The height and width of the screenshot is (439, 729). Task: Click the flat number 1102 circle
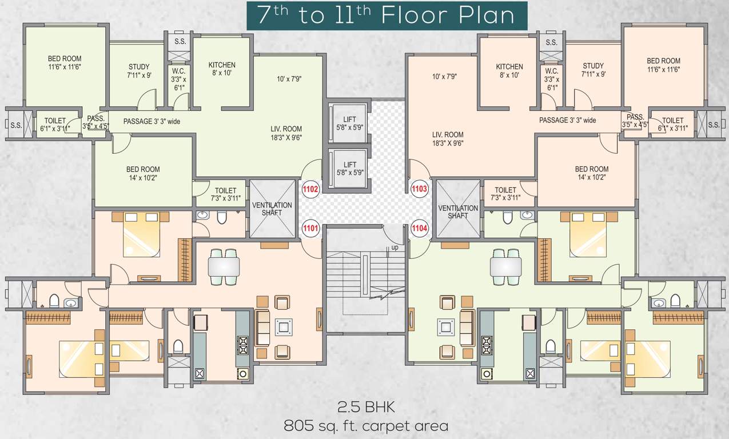click(x=310, y=189)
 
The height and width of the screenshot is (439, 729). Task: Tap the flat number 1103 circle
click(x=419, y=189)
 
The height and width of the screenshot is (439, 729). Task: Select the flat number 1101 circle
click(x=310, y=228)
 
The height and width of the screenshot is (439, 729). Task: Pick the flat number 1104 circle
click(x=420, y=228)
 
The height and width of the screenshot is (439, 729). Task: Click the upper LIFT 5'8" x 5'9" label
click(x=349, y=123)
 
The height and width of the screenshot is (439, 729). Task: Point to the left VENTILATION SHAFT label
click(x=272, y=209)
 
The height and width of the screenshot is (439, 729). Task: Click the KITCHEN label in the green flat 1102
click(x=222, y=69)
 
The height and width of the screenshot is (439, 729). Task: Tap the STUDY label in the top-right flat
click(x=593, y=70)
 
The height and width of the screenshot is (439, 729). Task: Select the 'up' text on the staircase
click(x=395, y=248)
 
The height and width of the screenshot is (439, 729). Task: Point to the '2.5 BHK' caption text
click(x=366, y=407)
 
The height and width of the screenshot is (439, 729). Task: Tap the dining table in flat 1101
click(x=224, y=267)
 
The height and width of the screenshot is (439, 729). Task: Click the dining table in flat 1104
click(x=506, y=267)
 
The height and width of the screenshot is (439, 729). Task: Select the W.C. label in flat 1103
click(x=552, y=79)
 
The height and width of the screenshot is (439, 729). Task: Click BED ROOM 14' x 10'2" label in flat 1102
click(x=143, y=173)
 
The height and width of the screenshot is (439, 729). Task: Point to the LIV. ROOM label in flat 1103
click(x=448, y=139)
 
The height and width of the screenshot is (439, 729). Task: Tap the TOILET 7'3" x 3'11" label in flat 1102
click(x=225, y=194)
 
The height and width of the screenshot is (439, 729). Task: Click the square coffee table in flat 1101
click(x=284, y=327)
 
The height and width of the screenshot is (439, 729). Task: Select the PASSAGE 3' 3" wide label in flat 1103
click(x=568, y=120)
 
